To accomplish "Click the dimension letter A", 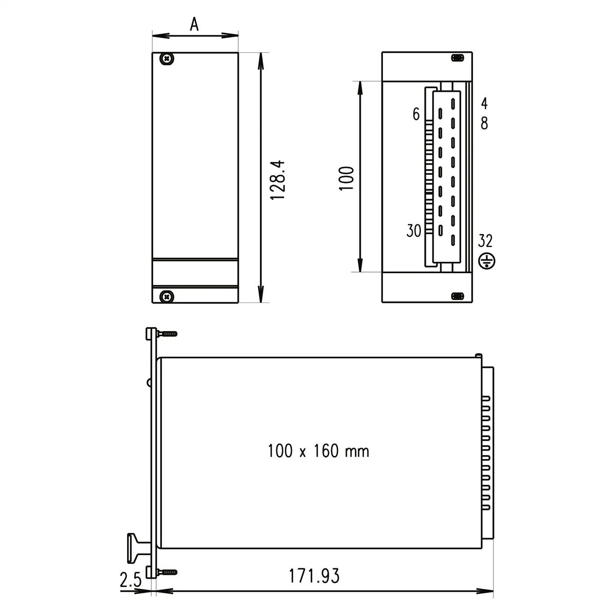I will [194, 24].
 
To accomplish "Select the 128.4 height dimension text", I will [277, 180].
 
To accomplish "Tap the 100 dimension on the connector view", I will [347, 178].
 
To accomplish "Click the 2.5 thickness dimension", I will [130, 581].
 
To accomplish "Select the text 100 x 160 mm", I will [318, 451].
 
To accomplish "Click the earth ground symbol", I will [486, 261].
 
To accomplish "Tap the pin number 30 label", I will [414, 231].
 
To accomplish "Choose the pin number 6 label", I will [416, 114].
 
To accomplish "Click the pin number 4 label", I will [484, 104].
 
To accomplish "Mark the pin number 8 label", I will [484, 124].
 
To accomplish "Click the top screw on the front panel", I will [167, 59].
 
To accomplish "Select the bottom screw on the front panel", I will [167, 296].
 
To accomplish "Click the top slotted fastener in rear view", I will [457, 58].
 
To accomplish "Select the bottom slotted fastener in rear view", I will [457, 296].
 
